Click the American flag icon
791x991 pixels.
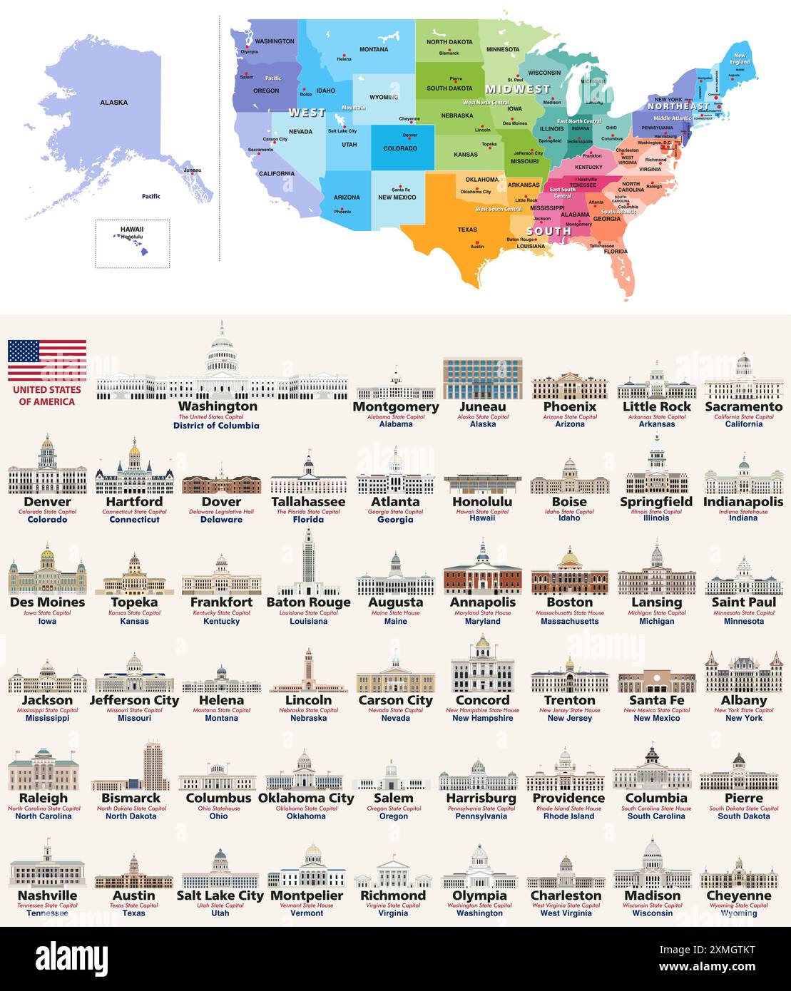pyautogui.click(x=47, y=361)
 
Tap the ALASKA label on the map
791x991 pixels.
pyautogui.click(x=114, y=103)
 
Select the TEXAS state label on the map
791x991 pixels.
pyautogui.click(x=467, y=230)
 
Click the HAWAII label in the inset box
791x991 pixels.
pyautogui.click(x=132, y=229)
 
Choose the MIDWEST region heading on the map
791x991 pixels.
pyautogui.click(x=518, y=89)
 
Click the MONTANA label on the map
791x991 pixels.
pyautogui.click(x=374, y=49)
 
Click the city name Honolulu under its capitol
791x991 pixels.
pyautogui.click(x=482, y=502)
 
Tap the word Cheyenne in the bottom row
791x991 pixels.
pyautogui.click(x=739, y=895)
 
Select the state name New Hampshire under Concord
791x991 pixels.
pyautogui.click(x=483, y=718)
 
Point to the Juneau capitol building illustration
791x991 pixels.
pyautogui.click(x=483, y=379)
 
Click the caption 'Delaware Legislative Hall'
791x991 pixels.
pyautogui.click(x=221, y=511)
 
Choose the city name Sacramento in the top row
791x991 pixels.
pyautogui.click(x=744, y=406)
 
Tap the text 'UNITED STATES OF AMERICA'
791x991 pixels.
pyautogui.click(x=47, y=396)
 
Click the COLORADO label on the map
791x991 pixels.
pyautogui.click(x=400, y=148)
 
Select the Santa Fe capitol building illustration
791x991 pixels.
pyautogui.click(x=656, y=682)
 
